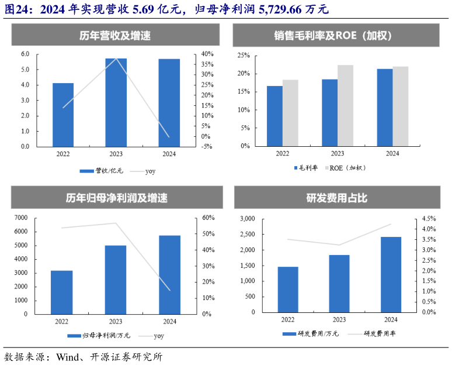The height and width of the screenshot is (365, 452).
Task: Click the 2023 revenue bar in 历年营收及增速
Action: pos(116,102)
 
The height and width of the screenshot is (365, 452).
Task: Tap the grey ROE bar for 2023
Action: pos(345,105)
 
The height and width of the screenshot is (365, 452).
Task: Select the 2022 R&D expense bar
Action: pos(288,290)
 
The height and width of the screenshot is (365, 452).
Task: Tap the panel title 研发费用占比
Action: pos(336,198)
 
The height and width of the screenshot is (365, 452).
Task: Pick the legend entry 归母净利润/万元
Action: pos(99,336)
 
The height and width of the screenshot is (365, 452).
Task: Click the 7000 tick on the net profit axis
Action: pos(20,218)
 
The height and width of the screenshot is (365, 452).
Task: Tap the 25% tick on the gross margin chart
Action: pos(244,56)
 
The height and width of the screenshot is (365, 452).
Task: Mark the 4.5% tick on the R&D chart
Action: pos(429,219)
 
